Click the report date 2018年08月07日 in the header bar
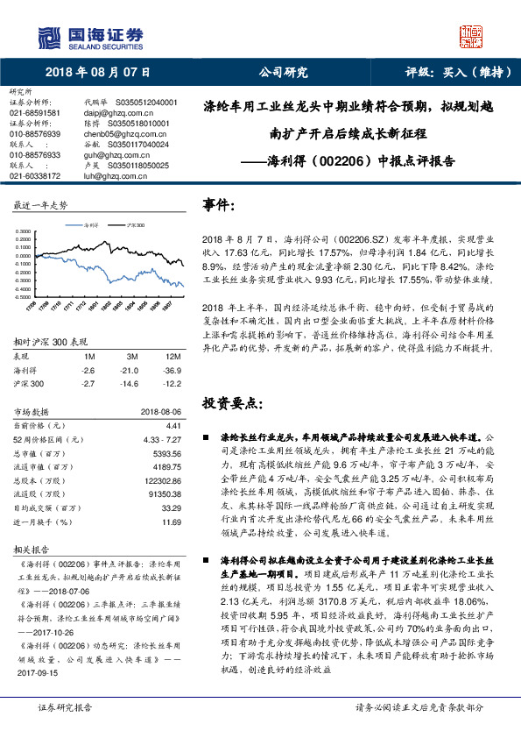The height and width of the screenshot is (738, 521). [x=98, y=73]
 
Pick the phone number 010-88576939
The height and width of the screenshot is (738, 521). [x=35, y=133]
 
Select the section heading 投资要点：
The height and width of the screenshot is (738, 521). [x=231, y=402]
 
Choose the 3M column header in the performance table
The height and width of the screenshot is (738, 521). [x=132, y=357]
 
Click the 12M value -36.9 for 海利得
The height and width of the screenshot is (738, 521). [x=172, y=371]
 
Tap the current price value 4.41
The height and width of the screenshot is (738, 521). [x=174, y=423]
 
